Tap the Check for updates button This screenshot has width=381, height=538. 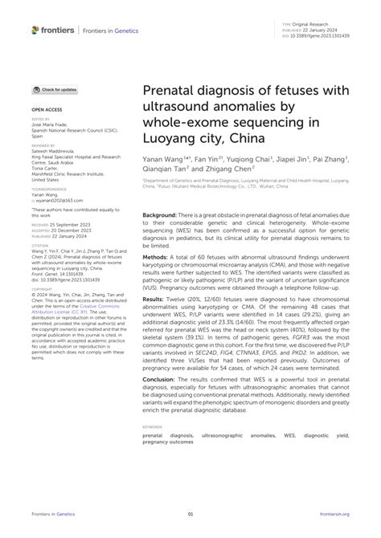(56, 90)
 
